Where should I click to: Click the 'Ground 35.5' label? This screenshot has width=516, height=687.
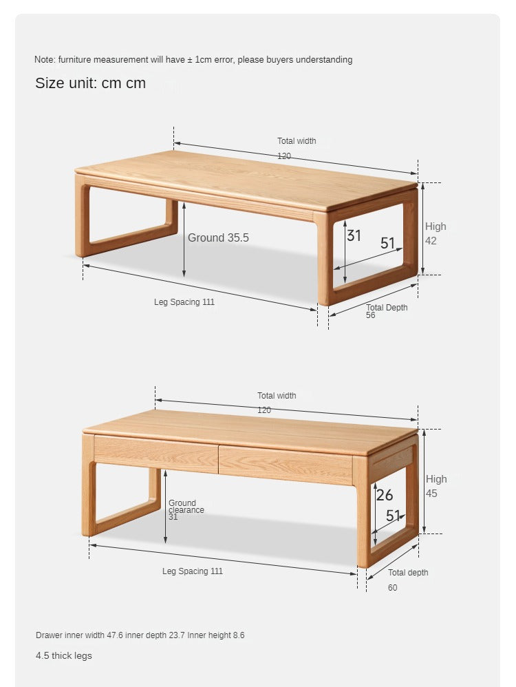coord(218,237)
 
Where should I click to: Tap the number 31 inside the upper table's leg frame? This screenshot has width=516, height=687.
coord(354,235)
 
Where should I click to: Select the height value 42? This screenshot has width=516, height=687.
coord(431,240)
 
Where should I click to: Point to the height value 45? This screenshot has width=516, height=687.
coord(431,494)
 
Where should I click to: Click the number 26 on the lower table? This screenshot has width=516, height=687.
coord(385,495)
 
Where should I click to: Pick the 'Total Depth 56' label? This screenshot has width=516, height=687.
coord(387,311)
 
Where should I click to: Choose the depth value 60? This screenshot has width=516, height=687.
coord(392,588)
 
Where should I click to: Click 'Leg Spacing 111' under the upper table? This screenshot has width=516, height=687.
coord(184,302)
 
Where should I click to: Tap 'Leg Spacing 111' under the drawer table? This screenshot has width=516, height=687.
coord(193,571)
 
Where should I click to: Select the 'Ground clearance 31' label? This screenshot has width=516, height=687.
coord(186,510)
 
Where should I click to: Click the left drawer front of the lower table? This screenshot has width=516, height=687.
coord(156,454)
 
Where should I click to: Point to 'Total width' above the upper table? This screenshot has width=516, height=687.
coord(297,141)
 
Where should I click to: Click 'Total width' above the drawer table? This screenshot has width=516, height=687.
coord(277,396)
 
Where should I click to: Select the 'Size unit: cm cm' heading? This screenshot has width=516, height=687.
coord(90,83)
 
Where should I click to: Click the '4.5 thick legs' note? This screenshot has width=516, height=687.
coord(64,655)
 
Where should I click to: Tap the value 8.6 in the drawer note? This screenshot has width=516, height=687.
coord(239,635)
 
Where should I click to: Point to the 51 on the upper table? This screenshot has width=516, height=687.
coord(387,243)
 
